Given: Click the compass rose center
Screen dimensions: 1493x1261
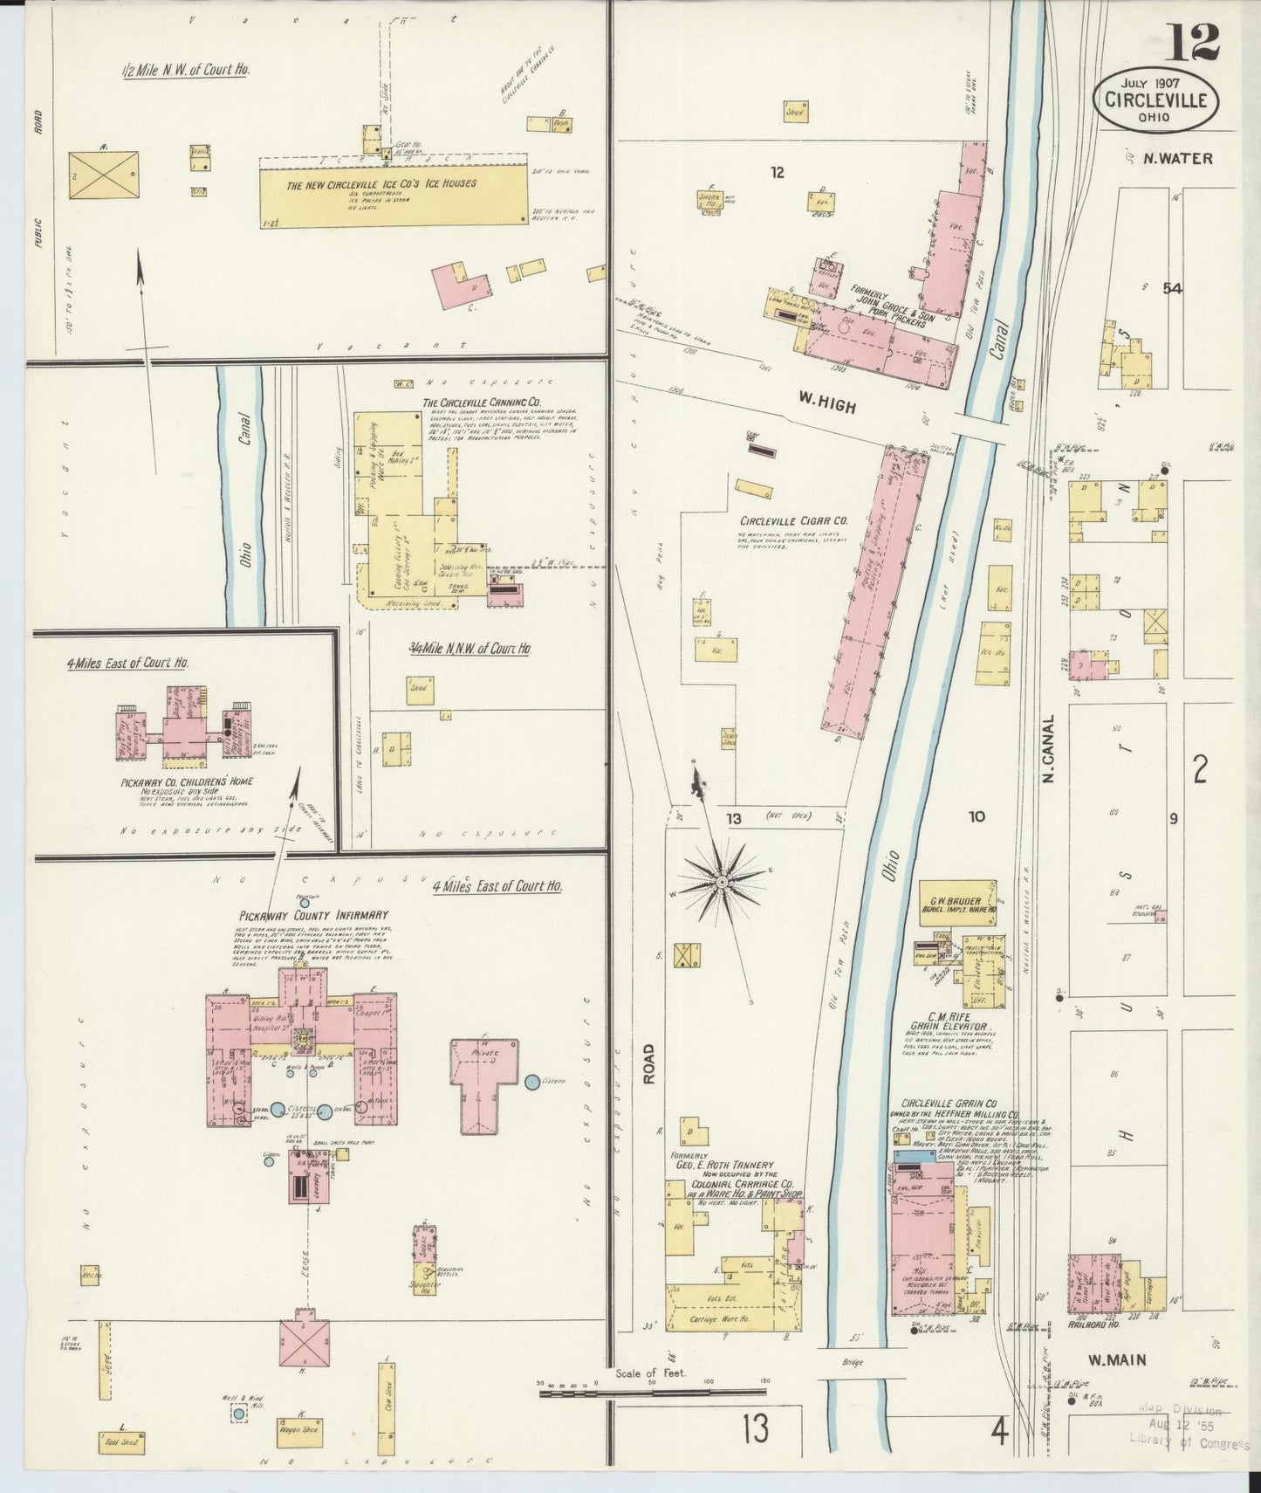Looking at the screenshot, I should point(723,884).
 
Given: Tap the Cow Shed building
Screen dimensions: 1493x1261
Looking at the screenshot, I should point(386,1414).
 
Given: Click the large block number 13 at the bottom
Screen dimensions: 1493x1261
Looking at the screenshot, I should point(756,1430).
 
